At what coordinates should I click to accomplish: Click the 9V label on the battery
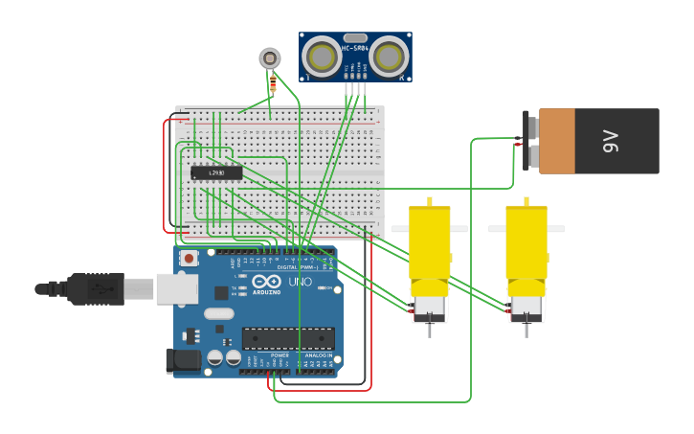[x=612, y=142]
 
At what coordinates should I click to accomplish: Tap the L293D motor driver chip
[x=216, y=172]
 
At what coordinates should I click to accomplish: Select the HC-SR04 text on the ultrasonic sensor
[x=355, y=48]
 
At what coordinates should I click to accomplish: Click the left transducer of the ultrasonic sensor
[x=323, y=58]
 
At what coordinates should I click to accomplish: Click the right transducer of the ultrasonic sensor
[x=389, y=58]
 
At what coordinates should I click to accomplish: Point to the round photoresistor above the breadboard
[x=270, y=58]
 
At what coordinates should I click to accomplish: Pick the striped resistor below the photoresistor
[x=273, y=84]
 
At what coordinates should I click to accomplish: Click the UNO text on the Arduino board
[x=300, y=283]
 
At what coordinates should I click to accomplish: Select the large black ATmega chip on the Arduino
[x=288, y=338]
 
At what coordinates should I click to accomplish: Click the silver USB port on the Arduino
[x=177, y=288]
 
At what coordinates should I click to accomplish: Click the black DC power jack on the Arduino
[x=183, y=360]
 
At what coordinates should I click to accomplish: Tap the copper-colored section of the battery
[x=557, y=141]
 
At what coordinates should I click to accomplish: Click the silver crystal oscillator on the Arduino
[x=218, y=313]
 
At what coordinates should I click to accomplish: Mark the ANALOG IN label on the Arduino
[x=317, y=355]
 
